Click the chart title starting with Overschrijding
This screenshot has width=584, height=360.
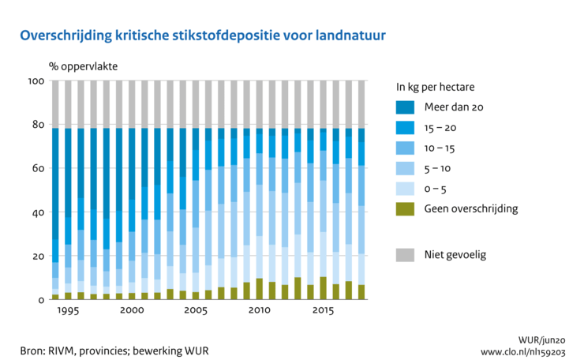(x=204, y=36)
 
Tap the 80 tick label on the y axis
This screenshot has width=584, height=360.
(x=37, y=124)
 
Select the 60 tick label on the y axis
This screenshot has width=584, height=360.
(x=37, y=168)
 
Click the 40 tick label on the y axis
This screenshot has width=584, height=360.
(x=37, y=212)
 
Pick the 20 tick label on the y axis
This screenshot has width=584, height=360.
(x=37, y=257)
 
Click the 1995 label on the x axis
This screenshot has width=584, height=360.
(x=68, y=312)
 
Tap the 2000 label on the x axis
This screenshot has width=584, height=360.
(x=132, y=312)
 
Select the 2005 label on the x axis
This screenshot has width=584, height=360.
(x=195, y=312)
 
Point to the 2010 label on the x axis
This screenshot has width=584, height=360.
(x=259, y=312)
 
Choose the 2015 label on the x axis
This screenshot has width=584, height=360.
(x=323, y=312)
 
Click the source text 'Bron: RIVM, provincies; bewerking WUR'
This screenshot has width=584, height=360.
(x=115, y=350)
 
